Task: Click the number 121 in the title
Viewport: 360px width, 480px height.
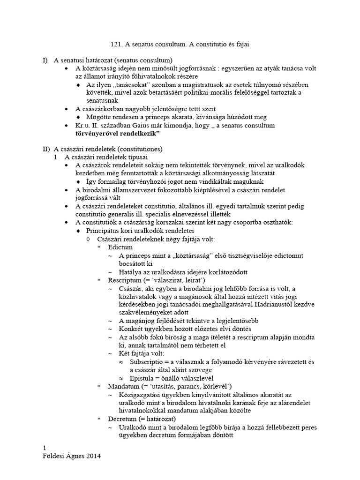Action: [116, 45]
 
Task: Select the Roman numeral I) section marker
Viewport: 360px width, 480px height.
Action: [45, 60]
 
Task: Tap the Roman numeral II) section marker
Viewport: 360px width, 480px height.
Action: [46, 149]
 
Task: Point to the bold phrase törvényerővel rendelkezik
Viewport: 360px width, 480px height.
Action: [117, 134]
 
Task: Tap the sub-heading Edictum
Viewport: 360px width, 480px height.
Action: [120, 247]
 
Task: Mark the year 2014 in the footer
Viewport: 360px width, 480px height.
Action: [93, 456]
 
